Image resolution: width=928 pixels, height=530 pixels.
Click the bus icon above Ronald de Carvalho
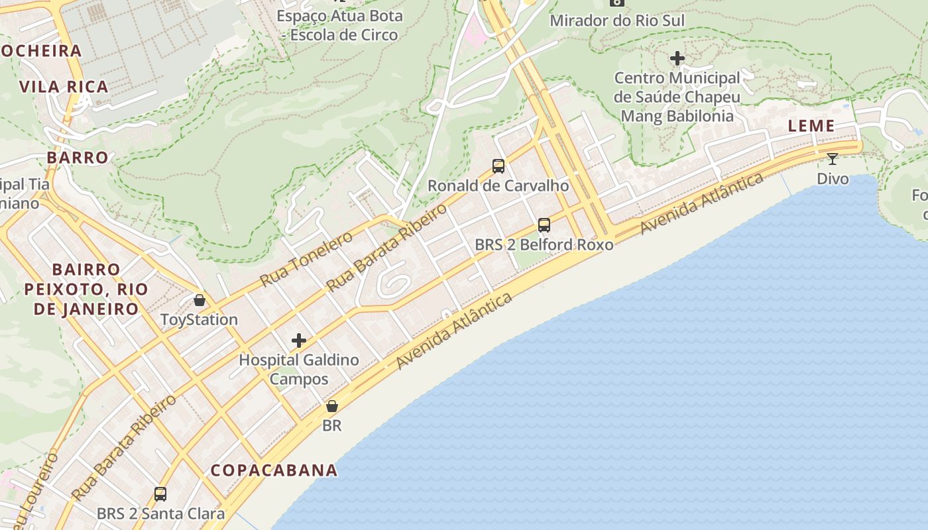pyautogui.click(x=498, y=166)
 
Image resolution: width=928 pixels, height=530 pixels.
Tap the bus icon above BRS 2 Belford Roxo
pyautogui.click(x=544, y=225)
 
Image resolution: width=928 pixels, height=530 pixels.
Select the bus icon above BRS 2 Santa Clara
pyautogui.click(x=160, y=494)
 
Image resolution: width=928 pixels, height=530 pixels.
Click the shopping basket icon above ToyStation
pyautogui.click(x=199, y=300)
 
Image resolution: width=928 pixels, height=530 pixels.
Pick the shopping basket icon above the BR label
pyautogui.click(x=331, y=406)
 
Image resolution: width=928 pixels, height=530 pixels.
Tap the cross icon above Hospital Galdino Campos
pyautogui.click(x=299, y=341)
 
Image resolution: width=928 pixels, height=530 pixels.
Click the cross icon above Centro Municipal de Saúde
pyautogui.click(x=677, y=58)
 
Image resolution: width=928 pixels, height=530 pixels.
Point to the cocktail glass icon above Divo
pyautogui.click(x=833, y=159)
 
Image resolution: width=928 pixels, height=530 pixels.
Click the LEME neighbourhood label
pyautogui.click(x=811, y=126)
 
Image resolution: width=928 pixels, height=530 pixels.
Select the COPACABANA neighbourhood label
pyautogui.click(x=274, y=470)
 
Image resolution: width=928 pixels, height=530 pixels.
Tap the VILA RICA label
pyautogui.click(x=64, y=87)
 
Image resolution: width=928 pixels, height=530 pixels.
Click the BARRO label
pyautogui.click(x=78, y=158)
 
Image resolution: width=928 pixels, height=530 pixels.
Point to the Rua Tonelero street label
pyautogui.click(x=306, y=258)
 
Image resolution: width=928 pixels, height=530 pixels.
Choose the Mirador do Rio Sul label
pyautogui.click(x=617, y=21)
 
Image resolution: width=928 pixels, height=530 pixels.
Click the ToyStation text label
pyautogui.click(x=199, y=319)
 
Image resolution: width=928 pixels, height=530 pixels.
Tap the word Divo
pyautogui.click(x=833, y=178)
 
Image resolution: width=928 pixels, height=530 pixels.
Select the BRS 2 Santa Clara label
pyautogui.click(x=160, y=513)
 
